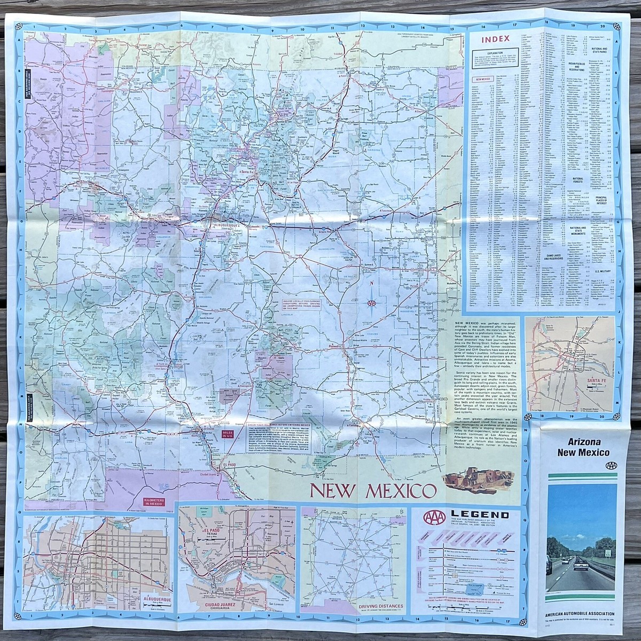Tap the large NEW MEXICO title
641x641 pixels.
[x=372, y=490]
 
